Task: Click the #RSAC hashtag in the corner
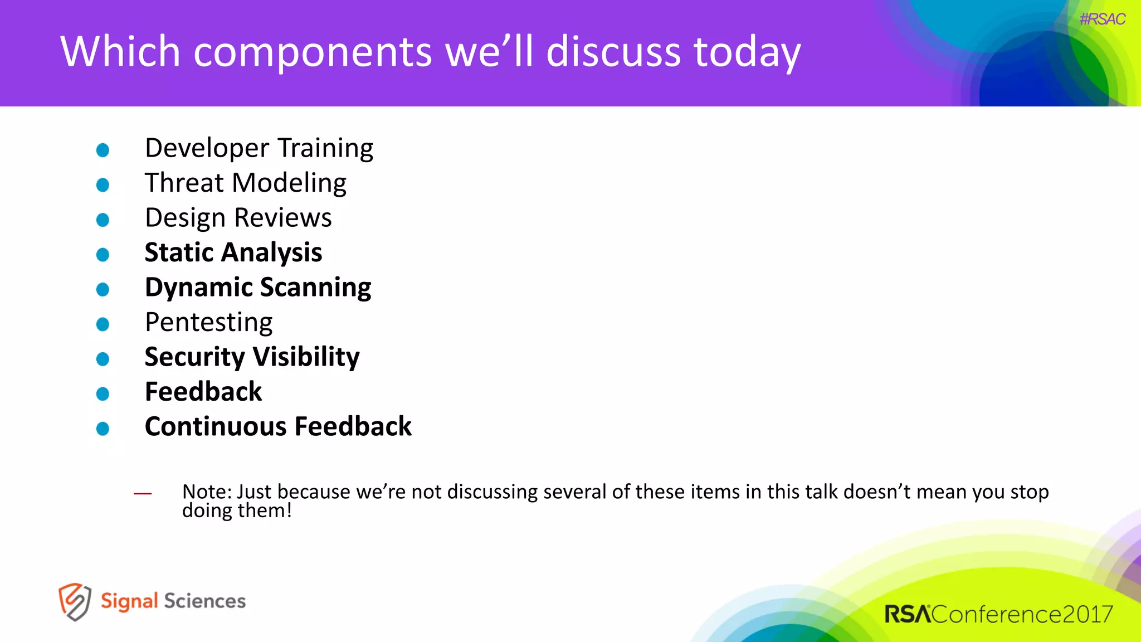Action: tap(1102, 20)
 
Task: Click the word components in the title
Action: tap(313, 52)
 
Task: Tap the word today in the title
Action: tap(747, 52)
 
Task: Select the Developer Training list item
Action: tap(259, 149)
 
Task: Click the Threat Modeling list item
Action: tap(246, 183)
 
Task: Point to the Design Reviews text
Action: tap(238, 218)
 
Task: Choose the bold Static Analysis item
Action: tap(233, 253)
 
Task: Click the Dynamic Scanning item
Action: tap(258, 288)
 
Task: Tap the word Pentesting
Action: tap(209, 323)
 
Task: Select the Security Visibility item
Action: tap(252, 357)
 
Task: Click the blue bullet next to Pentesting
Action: tap(103, 324)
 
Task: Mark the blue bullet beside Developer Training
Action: tap(103, 150)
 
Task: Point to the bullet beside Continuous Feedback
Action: tap(103, 429)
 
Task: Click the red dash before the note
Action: tap(143, 493)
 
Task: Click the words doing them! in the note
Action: tap(237, 510)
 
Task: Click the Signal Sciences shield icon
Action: tap(75, 601)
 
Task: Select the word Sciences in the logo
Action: tap(204, 601)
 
